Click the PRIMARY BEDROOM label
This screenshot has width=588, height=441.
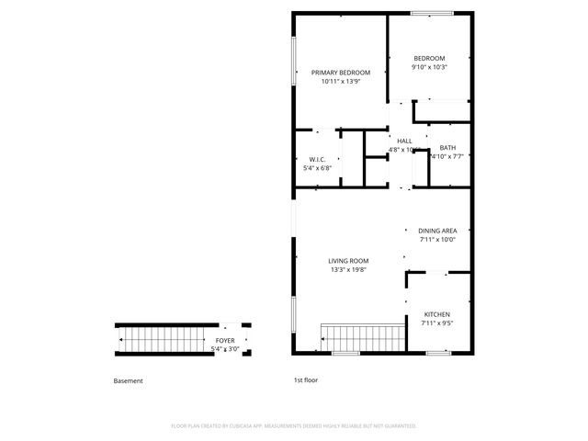tap(340, 73)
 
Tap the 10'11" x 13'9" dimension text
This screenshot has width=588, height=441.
tap(340, 82)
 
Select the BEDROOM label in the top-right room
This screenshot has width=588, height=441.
tap(429, 58)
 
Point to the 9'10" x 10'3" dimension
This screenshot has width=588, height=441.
tap(429, 67)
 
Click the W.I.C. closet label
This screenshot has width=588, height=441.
tap(318, 159)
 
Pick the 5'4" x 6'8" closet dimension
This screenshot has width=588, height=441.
tap(318, 168)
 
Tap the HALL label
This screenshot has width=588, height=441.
tap(404, 141)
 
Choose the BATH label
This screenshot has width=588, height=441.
tap(447, 148)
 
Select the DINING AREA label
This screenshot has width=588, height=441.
tap(437, 231)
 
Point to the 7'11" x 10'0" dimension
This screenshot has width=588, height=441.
tap(437, 240)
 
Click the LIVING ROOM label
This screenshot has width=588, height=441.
tap(348, 261)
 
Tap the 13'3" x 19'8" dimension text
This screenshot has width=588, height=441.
tap(348, 270)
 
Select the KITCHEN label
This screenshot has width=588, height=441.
tap(437, 314)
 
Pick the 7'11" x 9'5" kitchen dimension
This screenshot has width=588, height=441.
tap(437, 323)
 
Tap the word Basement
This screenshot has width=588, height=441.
tap(128, 381)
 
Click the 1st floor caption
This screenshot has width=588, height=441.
tap(305, 381)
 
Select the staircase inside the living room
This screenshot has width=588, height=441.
tap(362, 337)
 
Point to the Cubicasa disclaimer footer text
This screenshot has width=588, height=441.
tap(294, 426)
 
